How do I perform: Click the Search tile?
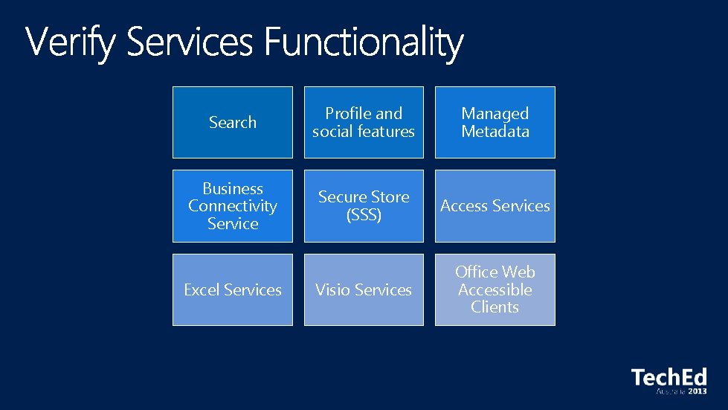click(233, 122)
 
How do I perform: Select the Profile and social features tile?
click(364, 122)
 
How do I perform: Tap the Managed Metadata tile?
click(495, 122)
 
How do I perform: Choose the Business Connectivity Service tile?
click(233, 206)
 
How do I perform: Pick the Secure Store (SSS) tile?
click(364, 206)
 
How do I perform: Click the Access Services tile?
click(495, 206)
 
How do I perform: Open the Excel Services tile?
click(233, 289)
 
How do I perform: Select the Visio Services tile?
click(364, 289)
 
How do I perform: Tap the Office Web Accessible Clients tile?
click(495, 289)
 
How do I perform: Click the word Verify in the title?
click(71, 43)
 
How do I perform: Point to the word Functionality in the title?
click(364, 43)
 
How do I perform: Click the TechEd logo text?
click(669, 377)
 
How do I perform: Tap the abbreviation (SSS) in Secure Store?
click(364, 215)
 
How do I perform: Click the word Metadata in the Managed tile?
click(495, 132)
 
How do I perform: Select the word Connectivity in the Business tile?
click(233, 206)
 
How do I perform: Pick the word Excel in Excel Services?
click(202, 289)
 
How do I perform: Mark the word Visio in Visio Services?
click(332, 289)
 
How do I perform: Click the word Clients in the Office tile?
click(495, 307)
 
